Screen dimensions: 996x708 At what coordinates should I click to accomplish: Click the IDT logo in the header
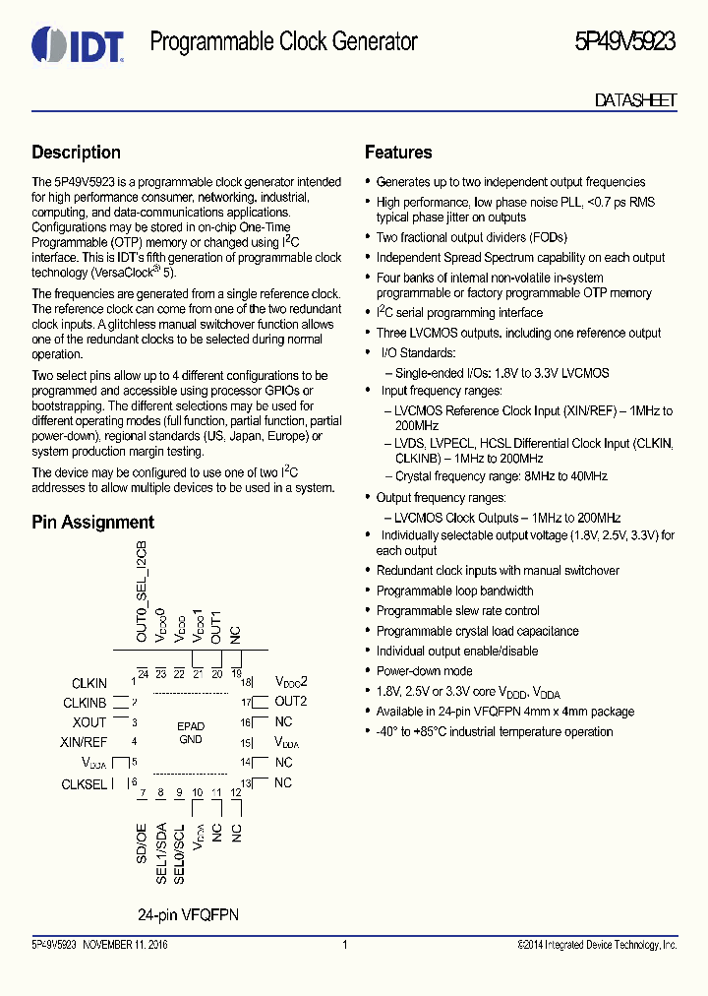pyautogui.click(x=77, y=43)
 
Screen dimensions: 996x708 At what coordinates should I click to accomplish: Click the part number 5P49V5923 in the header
pyautogui.click(x=624, y=42)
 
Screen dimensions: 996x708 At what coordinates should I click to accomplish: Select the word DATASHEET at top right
pyautogui.click(x=635, y=100)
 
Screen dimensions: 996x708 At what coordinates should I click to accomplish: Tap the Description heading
pyautogui.click(x=76, y=153)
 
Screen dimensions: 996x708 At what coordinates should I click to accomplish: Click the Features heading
pyautogui.click(x=398, y=153)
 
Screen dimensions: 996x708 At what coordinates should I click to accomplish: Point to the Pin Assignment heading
pyautogui.click(x=92, y=523)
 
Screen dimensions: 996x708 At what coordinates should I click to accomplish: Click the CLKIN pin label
pyautogui.click(x=89, y=683)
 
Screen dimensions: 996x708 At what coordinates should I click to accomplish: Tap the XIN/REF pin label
pyautogui.click(x=84, y=742)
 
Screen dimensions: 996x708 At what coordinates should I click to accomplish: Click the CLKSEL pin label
pyautogui.click(x=85, y=784)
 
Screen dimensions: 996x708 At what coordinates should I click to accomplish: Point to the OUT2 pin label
pyautogui.click(x=291, y=702)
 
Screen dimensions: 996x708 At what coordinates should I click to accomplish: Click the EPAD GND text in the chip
pyautogui.click(x=191, y=733)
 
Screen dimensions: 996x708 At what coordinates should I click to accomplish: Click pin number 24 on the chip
pyautogui.click(x=143, y=674)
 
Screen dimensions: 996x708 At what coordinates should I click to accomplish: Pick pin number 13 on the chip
pyautogui.click(x=247, y=783)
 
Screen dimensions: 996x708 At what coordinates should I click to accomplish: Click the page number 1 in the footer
pyautogui.click(x=345, y=946)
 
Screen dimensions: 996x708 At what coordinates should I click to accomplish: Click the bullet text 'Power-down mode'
pyautogui.click(x=424, y=671)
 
